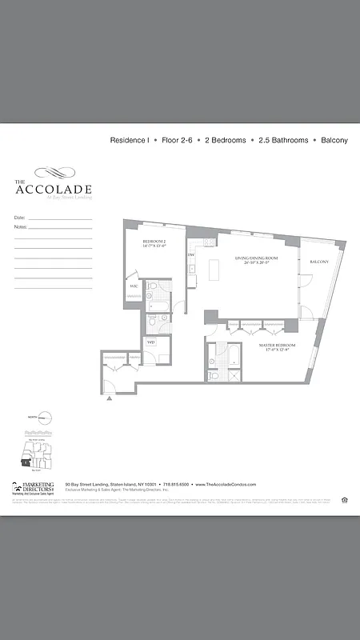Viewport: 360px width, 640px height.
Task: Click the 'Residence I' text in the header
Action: point(130,140)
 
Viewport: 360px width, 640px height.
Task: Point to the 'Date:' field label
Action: point(20,218)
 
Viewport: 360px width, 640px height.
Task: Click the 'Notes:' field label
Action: point(21,227)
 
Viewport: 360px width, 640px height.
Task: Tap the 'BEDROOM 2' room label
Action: point(154,241)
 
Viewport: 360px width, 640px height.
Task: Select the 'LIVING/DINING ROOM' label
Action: point(256,258)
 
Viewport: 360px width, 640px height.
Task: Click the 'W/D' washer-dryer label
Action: point(150,343)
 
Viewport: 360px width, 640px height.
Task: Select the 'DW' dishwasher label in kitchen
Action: point(191,255)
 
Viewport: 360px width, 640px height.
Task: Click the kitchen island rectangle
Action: point(214,270)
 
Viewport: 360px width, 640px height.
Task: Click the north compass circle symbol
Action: point(45,417)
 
